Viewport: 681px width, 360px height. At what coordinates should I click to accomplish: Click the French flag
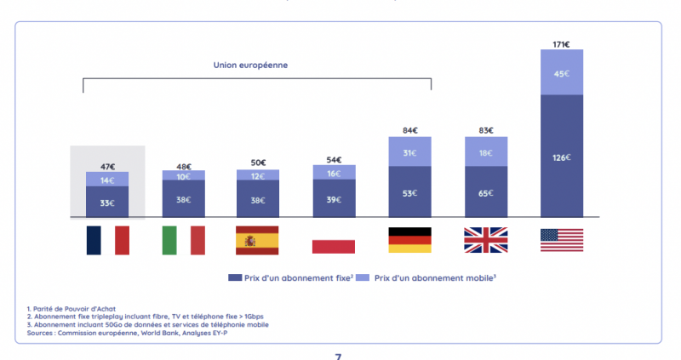point(107,240)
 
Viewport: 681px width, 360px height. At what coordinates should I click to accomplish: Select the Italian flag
point(184,240)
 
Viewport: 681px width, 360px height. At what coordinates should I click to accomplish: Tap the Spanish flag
point(258,240)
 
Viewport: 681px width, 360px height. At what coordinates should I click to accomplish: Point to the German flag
point(409,240)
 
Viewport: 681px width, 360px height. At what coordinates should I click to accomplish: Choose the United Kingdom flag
point(485,240)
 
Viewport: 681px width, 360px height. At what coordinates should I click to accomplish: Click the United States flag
point(561,240)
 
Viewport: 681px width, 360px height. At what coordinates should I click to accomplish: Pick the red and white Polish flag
point(334,240)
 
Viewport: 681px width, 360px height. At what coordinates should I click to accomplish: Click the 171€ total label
point(561,43)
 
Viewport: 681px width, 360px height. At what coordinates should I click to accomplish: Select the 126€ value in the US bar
point(561,157)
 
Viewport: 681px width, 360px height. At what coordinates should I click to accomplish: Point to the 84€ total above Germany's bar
point(409,130)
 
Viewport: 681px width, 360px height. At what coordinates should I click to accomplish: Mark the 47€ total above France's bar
point(107,167)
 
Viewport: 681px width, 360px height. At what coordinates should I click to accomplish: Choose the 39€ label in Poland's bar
point(334,200)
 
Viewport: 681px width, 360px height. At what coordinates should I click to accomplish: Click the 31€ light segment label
point(409,152)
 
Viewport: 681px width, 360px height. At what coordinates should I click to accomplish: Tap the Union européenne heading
point(256,66)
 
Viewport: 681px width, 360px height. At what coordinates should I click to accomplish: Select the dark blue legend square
point(232,277)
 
